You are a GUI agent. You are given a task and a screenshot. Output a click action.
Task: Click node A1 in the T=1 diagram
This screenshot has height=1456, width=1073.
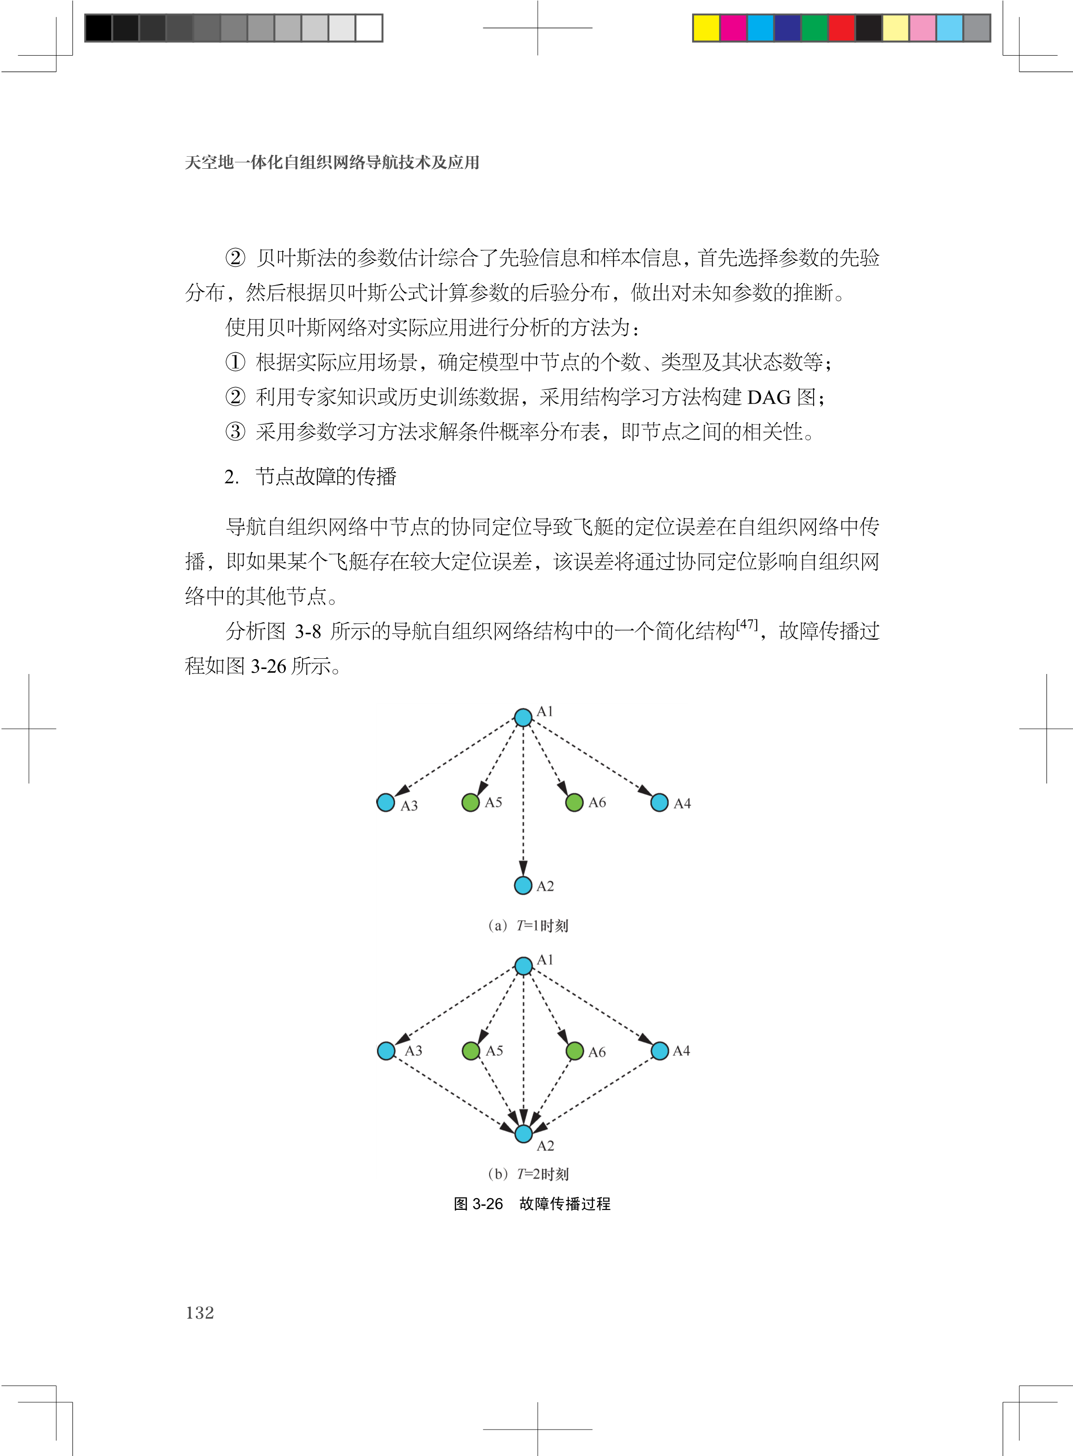[x=523, y=717]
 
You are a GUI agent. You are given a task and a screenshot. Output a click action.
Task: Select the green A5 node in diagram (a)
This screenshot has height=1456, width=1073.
[x=470, y=802]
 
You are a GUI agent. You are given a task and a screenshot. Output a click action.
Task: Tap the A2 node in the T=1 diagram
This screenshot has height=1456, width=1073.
[x=523, y=885]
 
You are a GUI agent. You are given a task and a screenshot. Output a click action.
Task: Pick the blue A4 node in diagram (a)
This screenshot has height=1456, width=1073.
[x=659, y=802]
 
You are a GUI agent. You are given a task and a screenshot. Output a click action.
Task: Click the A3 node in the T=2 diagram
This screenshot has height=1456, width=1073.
[x=386, y=1050]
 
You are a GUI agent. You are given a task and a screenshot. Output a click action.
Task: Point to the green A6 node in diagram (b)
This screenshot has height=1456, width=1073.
[x=575, y=1050]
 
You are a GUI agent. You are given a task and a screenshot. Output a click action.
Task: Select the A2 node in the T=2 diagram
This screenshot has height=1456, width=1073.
[x=524, y=1134]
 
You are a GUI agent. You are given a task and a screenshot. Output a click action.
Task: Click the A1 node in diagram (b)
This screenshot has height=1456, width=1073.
[x=524, y=966]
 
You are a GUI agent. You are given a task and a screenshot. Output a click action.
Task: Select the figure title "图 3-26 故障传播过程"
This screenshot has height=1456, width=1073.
[x=532, y=1204]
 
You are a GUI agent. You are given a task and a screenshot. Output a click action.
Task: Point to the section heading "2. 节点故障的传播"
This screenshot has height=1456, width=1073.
[x=310, y=476]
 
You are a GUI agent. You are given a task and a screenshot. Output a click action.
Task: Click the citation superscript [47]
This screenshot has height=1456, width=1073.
[x=747, y=624]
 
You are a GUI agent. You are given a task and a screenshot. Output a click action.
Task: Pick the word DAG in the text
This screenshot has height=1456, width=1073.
[x=769, y=397]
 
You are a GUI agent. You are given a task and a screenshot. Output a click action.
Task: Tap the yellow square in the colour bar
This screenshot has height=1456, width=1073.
[x=706, y=28]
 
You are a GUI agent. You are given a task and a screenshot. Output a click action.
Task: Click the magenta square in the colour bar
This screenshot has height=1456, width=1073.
[x=733, y=28]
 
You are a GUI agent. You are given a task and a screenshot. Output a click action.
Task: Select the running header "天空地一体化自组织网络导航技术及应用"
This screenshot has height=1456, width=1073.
[x=332, y=162]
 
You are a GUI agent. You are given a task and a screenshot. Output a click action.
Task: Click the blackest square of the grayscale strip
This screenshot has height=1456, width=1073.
[x=98, y=28]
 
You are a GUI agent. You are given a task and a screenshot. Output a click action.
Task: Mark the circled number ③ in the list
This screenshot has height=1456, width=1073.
[x=235, y=432]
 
